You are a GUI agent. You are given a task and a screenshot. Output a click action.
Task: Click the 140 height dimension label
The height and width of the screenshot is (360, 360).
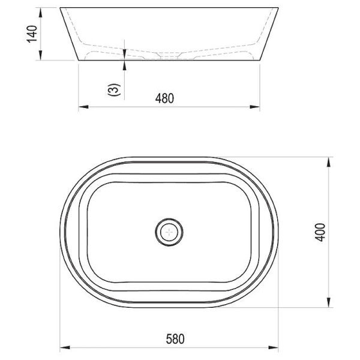click(x=32, y=34)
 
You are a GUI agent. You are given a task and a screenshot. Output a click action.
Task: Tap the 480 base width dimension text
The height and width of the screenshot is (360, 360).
click(x=164, y=98)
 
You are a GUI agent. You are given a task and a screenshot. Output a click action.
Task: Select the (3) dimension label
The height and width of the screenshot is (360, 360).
click(x=114, y=89)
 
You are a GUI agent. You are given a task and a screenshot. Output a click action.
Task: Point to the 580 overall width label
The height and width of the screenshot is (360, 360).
click(x=175, y=339)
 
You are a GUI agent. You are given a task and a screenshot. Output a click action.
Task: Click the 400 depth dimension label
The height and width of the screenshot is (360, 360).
click(x=320, y=232)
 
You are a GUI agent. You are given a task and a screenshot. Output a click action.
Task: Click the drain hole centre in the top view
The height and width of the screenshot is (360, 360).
click(x=169, y=232)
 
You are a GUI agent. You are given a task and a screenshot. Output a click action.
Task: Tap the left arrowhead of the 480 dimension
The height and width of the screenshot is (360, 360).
click(x=83, y=107)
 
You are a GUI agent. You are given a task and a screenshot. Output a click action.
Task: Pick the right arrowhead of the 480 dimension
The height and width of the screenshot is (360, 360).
click(x=255, y=107)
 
